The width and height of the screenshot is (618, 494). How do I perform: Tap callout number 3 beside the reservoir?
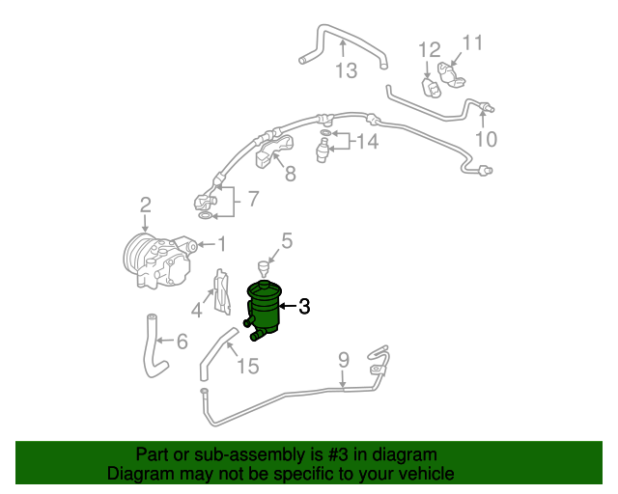(304, 308)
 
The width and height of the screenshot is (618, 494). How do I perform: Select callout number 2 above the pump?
(145, 205)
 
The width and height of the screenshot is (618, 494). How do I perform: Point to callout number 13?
(346, 70)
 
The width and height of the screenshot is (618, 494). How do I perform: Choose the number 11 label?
(471, 42)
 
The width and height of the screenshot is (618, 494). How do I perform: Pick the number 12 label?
(429, 49)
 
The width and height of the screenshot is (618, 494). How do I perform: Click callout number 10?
(486, 140)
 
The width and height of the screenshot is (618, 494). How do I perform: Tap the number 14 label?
(367, 144)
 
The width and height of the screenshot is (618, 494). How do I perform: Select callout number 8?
(290, 175)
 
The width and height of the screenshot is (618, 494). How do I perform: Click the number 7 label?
(253, 200)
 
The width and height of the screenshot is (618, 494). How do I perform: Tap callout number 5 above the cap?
(286, 240)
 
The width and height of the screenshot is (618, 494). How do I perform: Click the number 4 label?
(197, 310)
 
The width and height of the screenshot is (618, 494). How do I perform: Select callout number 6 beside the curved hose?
(181, 341)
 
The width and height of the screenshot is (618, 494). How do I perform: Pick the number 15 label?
(248, 367)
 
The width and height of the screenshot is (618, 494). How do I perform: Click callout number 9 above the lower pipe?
(343, 362)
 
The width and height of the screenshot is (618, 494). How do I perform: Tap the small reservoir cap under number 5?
(263, 266)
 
